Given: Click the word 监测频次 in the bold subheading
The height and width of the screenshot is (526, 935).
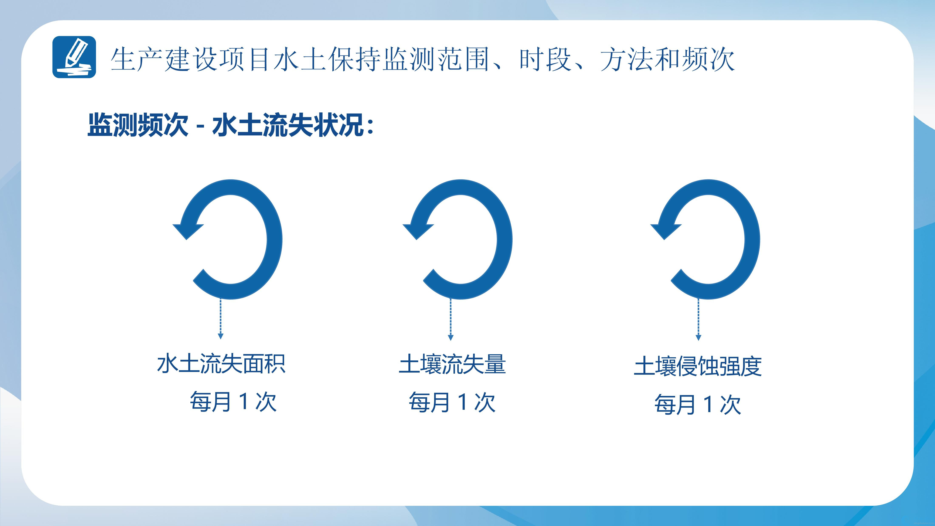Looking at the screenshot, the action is click(x=138, y=125).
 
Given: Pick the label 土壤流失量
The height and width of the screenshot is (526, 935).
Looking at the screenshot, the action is click(x=452, y=364).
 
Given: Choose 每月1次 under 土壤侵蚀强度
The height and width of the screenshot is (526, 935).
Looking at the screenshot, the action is click(x=698, y=404).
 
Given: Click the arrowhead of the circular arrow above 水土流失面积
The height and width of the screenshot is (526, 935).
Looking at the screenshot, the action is click(x=188, y=231).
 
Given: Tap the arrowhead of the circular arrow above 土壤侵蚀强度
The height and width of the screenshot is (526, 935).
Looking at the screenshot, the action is click(x=666, y=231).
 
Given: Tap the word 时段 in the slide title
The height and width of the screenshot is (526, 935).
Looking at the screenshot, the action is click(x=546, y=59).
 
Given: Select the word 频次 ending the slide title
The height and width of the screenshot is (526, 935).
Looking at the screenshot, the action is click(x=708, y=59).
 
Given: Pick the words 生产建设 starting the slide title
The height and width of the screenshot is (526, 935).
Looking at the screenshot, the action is click(x=164, y=59).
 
